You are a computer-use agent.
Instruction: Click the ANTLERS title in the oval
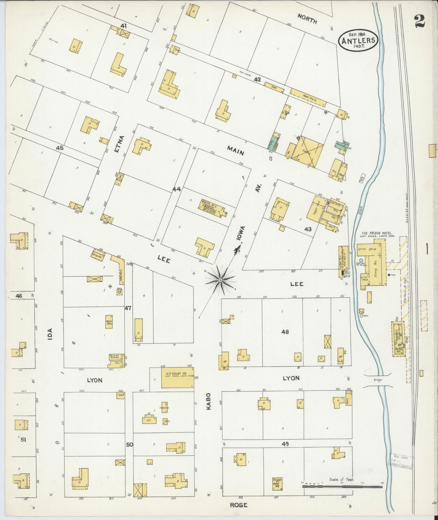(358, 40)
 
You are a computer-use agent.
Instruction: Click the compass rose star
(221, 279)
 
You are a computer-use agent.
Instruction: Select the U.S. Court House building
(178, 377)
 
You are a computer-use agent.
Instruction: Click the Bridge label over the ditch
(378, 380)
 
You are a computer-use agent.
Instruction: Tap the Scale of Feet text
(342, 480)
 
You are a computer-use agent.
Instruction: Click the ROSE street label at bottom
(239, 505)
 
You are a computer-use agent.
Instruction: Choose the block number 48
(285, 332)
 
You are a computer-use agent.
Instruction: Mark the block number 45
(60, 148)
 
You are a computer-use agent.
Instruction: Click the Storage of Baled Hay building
(277, 484)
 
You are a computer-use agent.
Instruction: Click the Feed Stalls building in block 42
(308, 97)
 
